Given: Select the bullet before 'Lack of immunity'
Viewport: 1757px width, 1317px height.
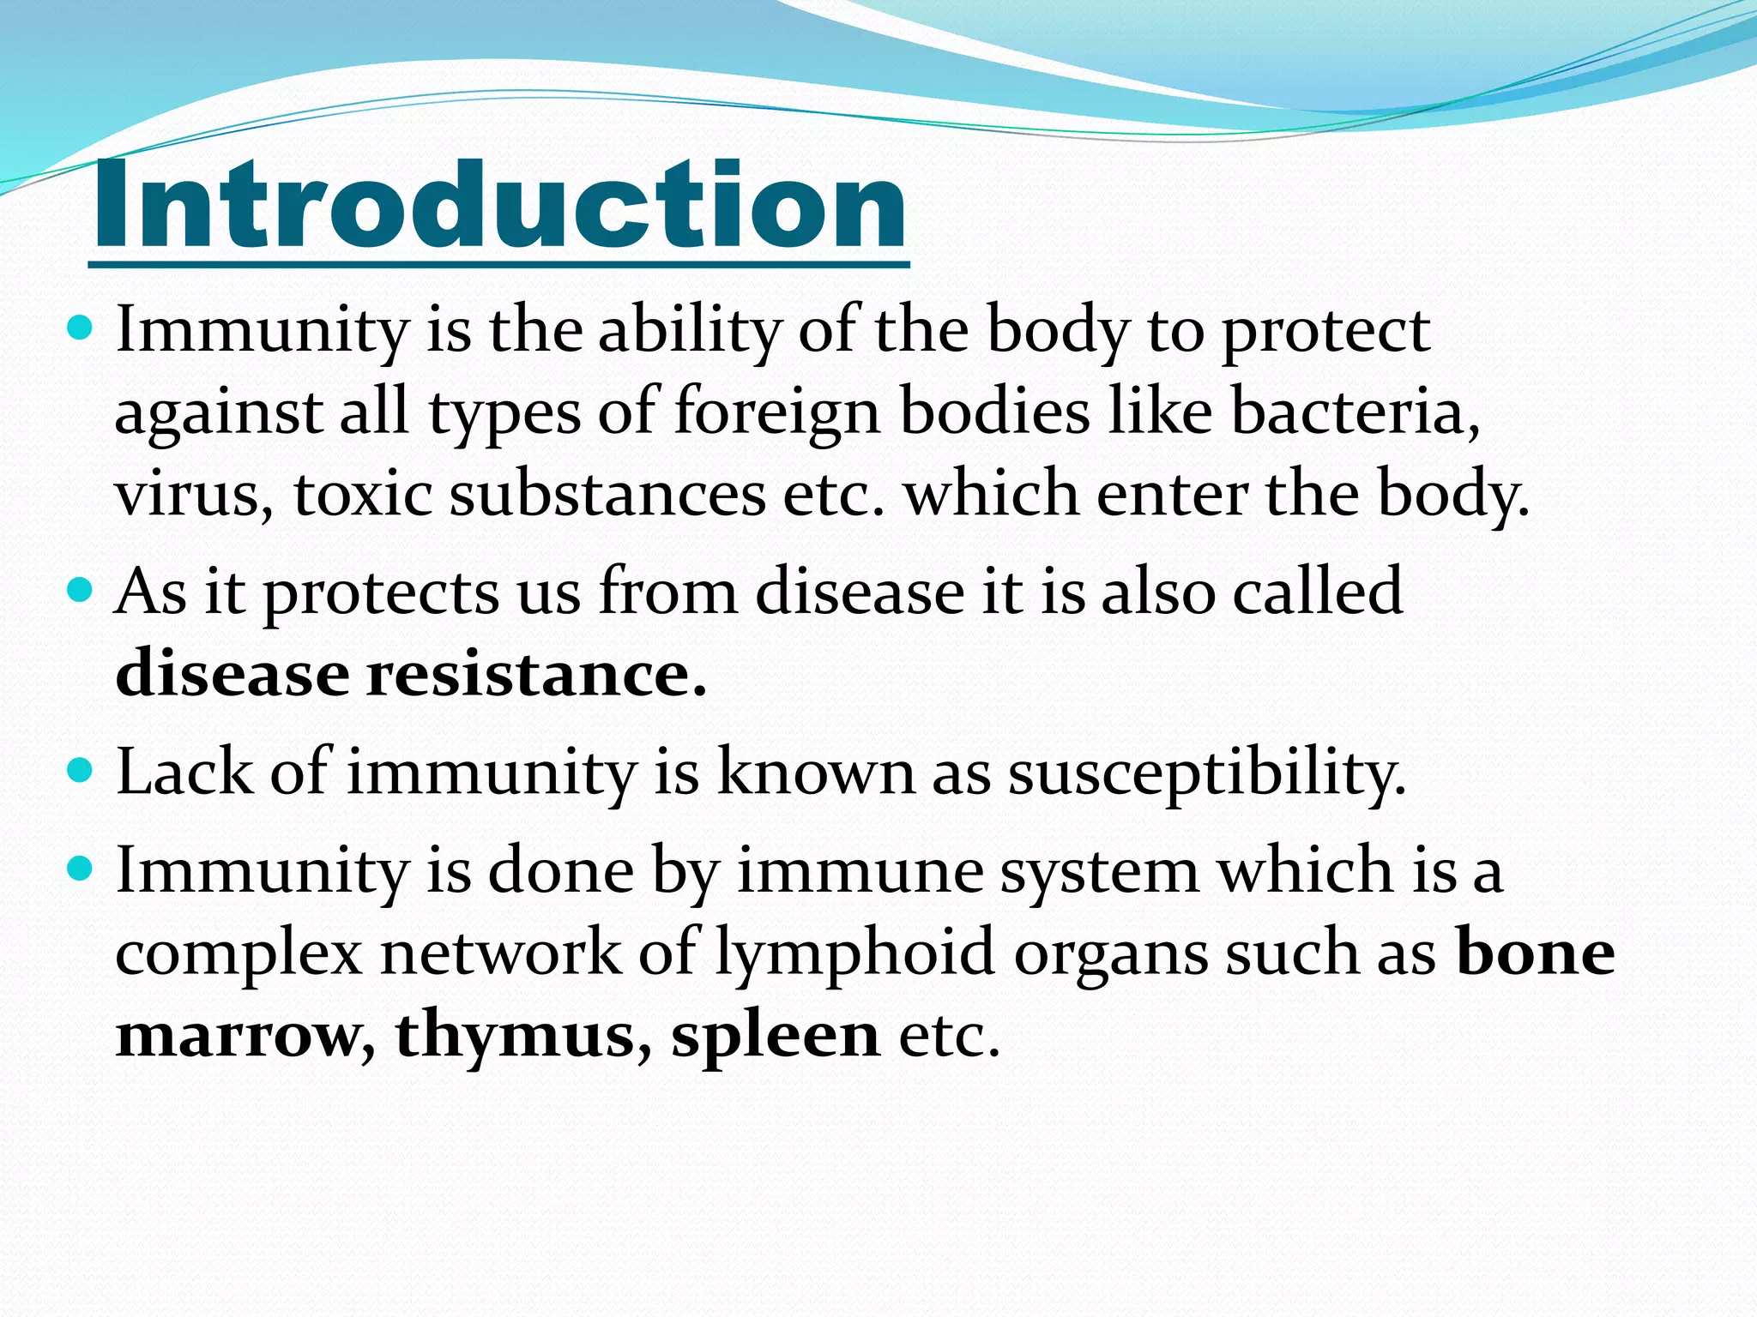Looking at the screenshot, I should pyautogui.click(x=78, y=771).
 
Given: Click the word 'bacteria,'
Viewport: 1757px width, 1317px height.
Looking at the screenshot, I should pyautogui.click(x=1355, y=412).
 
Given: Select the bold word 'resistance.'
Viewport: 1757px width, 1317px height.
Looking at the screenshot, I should pyautogui.click(x=537, y=674).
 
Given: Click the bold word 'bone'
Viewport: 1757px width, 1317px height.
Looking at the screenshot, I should pyautogui.click(x=1536, y=953).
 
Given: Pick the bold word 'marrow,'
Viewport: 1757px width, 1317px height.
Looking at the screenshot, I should pyautogui.click(x=245, y=1036).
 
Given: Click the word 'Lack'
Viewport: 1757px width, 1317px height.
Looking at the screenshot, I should pyautogui.click(x=184, y=773).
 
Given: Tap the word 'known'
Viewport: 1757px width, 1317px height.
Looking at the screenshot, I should pyautogui.click(x=816, y=773).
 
